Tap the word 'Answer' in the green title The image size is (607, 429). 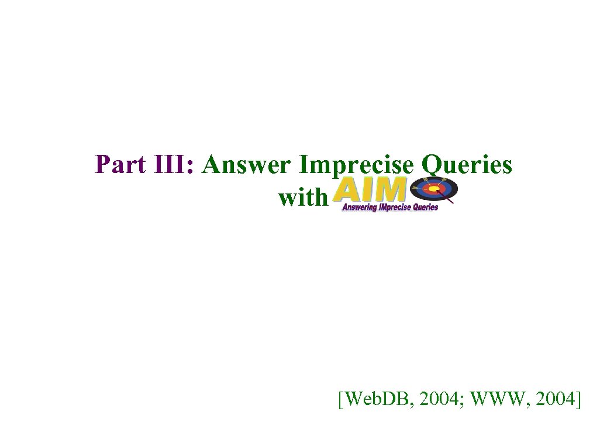tap(246, 165)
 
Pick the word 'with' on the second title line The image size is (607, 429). tap(302, 198)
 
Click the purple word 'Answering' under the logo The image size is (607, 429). tap(359, 207)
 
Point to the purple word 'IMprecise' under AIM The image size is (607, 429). tap(395, 207)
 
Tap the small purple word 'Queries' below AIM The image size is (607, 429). tap(425, 207)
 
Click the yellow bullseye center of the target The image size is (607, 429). tap(433, 189)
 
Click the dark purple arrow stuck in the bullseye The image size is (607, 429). tap(445, 197)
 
